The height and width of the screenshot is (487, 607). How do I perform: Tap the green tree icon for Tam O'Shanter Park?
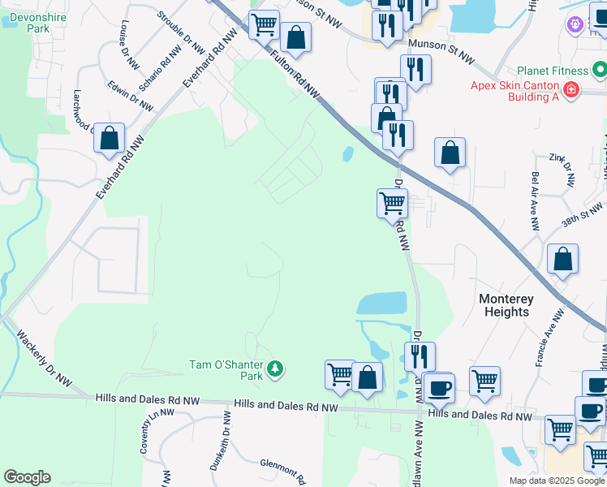point(276,369)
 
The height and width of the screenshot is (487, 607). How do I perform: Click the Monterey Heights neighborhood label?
point(506,305)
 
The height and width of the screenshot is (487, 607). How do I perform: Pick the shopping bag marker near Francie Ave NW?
point(562,261)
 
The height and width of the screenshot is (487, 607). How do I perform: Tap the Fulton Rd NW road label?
point(295,75)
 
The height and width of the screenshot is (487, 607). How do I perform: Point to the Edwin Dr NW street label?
point(131,95)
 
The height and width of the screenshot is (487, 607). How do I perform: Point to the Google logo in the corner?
point(27,477)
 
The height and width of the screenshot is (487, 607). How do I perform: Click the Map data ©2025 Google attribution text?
point(557,481)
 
